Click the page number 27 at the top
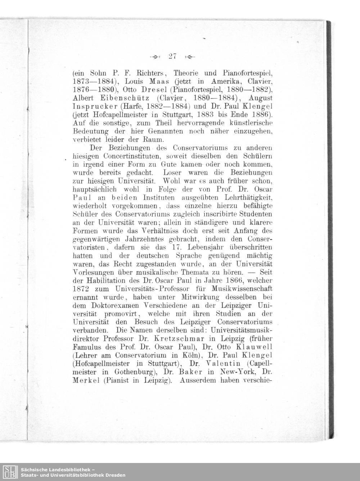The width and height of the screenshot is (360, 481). coord(172,56)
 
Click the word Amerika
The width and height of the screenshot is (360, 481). coord(219,81)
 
